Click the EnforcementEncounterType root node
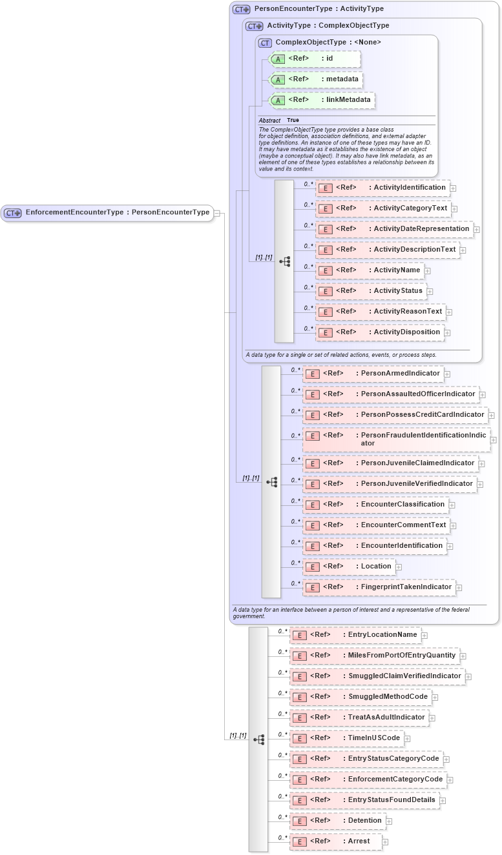coord(107,212)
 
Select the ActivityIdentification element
coord(382,188)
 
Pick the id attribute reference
coord(314,59)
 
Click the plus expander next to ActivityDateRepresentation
coord(477,229)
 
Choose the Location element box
coord(348,567)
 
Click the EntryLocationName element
coord(355,635)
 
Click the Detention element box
coord(337,821)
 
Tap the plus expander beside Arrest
coord(385,841)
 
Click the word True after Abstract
coord(293,120)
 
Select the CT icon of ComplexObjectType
coord(265,43)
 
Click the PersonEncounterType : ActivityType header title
coord(319,9)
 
